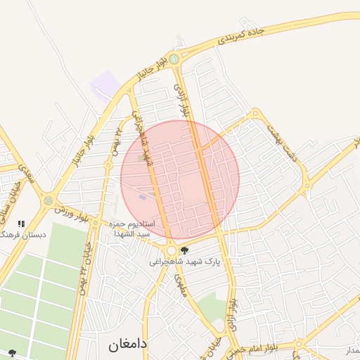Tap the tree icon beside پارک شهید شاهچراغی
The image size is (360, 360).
pyautogui.click(x=185, y=250)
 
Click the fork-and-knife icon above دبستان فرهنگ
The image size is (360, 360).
pyautogui.click(x=21, y=224)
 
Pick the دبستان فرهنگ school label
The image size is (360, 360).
pyautogui.click(x=23, y=234)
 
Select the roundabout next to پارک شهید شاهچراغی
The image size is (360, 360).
pyautogui.click(x=171, y=250)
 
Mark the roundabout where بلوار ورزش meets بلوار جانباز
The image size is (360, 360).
pyautogui.click(x=48, y=200)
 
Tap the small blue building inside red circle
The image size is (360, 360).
pyautogui.click(x=143, y=197)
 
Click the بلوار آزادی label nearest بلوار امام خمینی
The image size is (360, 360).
pyautogui.click(x=233, y=314)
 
